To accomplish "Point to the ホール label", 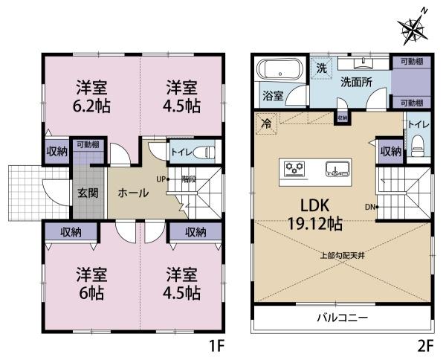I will [x=133, y=192].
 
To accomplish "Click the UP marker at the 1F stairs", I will [x=161, y=179].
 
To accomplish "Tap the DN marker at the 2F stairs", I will [x=371, y=206].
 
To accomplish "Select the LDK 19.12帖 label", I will [x=315, y=211].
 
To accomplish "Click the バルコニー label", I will [x=341, y=318].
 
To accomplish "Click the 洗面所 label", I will [x=356, y=82].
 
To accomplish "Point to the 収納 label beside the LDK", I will [x=390, y=151].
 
